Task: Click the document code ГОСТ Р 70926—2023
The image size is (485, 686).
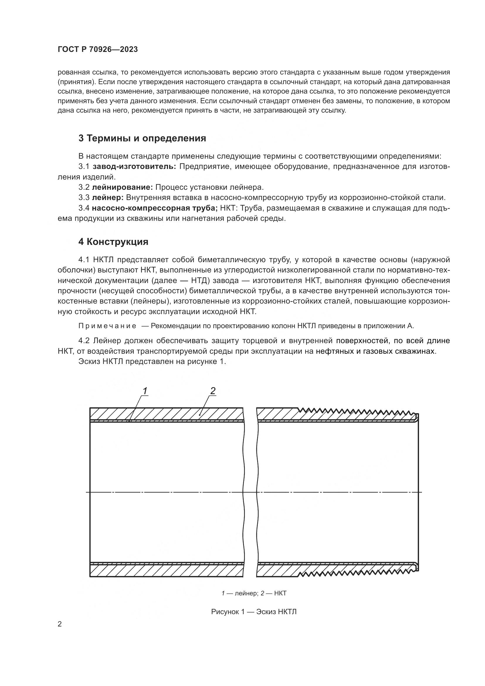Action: (x=98, y=50)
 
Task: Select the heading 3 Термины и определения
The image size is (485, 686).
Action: (x=142, y=138)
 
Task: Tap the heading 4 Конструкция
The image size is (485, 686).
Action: (x=113, y=242)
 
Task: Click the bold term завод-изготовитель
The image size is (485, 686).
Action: (x=134, y=166)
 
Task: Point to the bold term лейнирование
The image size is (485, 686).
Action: (x=123, y=187)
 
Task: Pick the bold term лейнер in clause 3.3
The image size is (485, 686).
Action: (x=108, y=197)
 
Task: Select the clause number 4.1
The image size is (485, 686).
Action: (x=84, y=260)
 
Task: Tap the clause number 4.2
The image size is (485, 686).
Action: (x=84, y=341)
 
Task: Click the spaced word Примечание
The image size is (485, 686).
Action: (x=107, y=326)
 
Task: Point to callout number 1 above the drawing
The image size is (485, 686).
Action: (x=145, y=390)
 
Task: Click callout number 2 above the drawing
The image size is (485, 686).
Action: (x=213, y=390)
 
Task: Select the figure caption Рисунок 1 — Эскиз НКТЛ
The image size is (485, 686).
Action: (x=254, y=612)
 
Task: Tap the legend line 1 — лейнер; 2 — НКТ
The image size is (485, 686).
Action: (x=254, y=593)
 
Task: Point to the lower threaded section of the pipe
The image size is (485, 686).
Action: (x=355, y=573)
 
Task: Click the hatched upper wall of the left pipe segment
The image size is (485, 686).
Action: (x=166, y=414)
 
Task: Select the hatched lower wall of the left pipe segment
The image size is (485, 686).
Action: (x=166, y=571)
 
